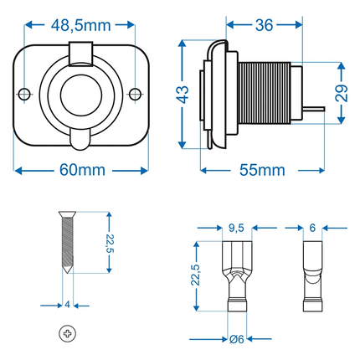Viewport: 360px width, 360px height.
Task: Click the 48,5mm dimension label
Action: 81,26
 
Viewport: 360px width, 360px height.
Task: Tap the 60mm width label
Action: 82,170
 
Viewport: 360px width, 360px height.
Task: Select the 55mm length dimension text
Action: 262,170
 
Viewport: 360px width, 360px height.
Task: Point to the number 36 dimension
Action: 264,25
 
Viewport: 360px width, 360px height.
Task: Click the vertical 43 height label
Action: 183,95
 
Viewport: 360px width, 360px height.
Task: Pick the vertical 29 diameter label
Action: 342,93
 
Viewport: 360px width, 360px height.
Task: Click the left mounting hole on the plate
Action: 24,94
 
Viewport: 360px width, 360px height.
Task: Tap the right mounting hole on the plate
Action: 136,94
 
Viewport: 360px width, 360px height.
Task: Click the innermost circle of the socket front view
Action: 81,95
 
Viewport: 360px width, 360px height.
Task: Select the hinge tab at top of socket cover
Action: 80,54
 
